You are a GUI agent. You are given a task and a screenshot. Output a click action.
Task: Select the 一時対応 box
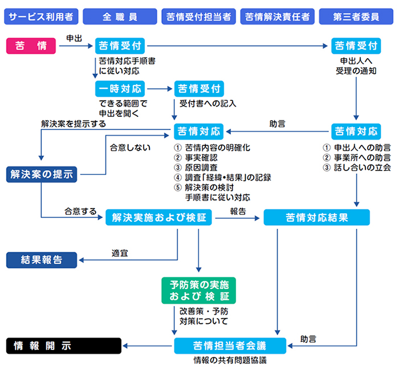pyautogui.click(x=120, y=88)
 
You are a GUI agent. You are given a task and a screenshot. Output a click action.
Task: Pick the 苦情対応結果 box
pyautogui.click(x=316, y=217)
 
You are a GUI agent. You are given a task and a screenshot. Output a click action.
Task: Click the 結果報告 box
pyautogui.click(x=41, y=260)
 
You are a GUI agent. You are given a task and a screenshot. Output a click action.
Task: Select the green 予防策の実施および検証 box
pyautogui.click(x=199, y=291)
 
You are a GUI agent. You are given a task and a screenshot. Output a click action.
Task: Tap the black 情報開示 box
pyautogui.click(x=63, y=345)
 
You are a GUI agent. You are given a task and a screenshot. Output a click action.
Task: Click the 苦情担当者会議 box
pyautogui.click(x=230, y=345)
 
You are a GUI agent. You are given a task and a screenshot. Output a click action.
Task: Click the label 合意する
pyautogui.click(x=80, y=211)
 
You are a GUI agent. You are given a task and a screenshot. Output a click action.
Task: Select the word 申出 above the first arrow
pyautogui.click(x=74, y=38)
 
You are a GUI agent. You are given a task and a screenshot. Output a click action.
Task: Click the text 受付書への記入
pyautogui.click(x=207, y=104)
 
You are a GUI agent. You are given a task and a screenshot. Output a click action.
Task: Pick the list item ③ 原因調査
pyautogui.click(x=197, y=167)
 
